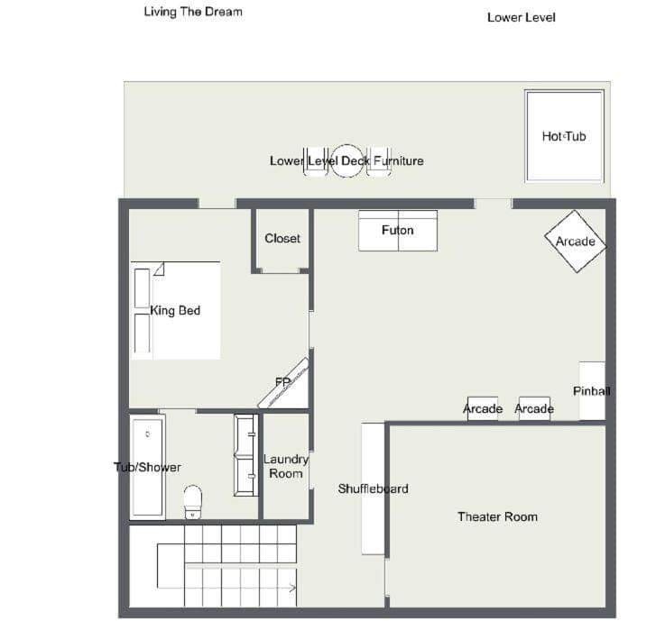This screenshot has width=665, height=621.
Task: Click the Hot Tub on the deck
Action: [x=564, y=136]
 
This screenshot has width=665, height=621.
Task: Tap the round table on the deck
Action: [x=346, y=161]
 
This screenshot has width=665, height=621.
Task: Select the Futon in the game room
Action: [x=398, y=231]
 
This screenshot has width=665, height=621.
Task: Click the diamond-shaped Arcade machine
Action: [x=576, y=242]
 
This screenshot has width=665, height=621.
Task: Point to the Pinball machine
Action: [x=592, y=390]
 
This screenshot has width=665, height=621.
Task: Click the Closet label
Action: [x=282, y=239]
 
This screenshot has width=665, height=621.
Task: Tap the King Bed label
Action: [x=175, y=310]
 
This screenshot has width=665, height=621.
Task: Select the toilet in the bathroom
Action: [x=192, y=502]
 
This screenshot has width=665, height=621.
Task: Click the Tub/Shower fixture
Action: [x=147, y=467]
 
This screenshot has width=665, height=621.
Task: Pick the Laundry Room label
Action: [x=286, y=466]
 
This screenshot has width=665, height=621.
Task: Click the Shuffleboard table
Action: [x=374, y=489]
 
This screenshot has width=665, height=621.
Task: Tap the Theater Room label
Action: [x=497, y=516]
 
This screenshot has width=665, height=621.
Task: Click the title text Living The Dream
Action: [x=193, y=12]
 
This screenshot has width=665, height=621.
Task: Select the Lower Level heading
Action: [x=522, y=17]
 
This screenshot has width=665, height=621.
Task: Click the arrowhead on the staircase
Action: [x=292, y=588]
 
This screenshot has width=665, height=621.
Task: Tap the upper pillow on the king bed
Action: [x=142, y=288]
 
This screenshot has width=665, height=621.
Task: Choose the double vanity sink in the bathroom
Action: [x=246, y=455]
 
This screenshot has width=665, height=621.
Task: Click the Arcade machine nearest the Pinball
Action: [x=534, y=409]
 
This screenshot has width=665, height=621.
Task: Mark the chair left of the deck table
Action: [x=316, y=161]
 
